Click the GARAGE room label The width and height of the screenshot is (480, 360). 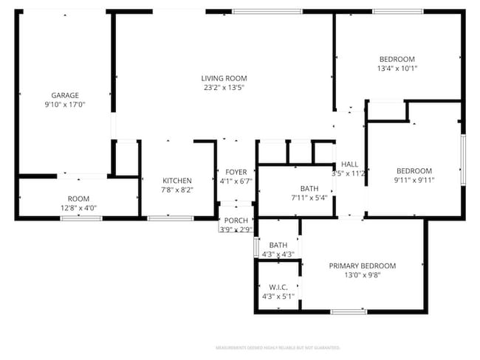pos(65,95)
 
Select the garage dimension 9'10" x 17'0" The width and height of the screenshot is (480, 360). pos(65,105)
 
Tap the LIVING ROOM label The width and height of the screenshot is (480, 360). pos(224,78)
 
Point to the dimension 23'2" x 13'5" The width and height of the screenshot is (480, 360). pos(224,88)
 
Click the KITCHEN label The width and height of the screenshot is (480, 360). pos(177,181)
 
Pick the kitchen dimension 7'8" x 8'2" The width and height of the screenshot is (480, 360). pos(177,190)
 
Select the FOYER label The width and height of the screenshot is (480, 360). pos(236,172)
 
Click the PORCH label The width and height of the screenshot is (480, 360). pos(236,221)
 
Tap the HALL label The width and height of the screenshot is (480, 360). pos(349,165)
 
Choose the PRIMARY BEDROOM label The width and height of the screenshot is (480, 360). pos(362,266)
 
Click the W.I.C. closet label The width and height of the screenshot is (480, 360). pos(278,287)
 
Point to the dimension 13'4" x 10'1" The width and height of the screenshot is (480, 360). pos(397,69)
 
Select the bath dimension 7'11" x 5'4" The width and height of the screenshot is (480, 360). pos(309,198)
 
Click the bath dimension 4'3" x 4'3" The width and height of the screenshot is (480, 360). pos(278,255)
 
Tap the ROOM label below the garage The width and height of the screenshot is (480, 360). pos(78,198)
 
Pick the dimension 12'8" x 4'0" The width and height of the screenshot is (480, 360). pos(78,208)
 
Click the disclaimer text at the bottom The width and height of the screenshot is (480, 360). pos(277,347)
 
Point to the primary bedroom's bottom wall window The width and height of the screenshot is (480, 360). pos(349,312)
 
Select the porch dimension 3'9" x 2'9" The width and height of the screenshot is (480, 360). pos(236,229)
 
